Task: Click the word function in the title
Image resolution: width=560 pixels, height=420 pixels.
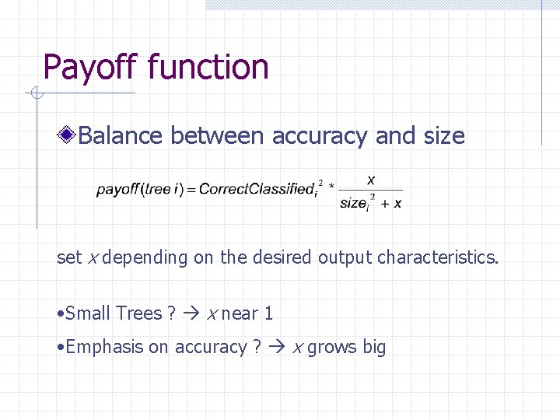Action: [208, 68]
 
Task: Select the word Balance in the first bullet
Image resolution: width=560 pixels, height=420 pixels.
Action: [121, 136]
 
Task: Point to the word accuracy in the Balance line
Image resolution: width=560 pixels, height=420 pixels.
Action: [319, 136]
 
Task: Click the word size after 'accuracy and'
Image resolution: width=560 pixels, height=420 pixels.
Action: [443, 136]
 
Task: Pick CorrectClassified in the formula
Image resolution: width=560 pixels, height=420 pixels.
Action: [256, 189]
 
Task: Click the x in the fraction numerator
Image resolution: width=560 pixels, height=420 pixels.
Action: [371, 178]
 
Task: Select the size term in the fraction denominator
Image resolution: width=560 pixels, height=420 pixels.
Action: [354, 203]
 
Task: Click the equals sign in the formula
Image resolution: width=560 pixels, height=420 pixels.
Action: [192, 189]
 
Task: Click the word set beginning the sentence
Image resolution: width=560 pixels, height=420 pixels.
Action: [69, 257]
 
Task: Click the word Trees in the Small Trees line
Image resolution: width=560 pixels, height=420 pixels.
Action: [138, 313]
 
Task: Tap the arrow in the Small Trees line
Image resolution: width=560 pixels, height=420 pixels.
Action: [192, 313]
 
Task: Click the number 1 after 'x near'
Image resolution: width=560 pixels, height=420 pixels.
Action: [268, 313]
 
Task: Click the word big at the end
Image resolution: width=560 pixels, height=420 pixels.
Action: [373, 347]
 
